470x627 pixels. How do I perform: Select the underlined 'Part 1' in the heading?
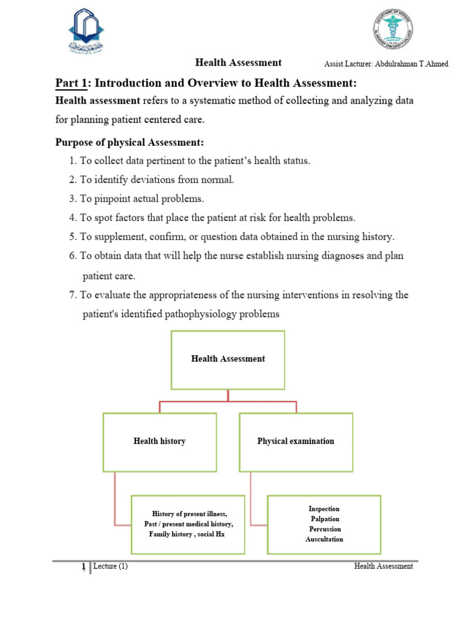pos(70,83)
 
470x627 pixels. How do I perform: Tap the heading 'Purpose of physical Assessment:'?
pos(129,142)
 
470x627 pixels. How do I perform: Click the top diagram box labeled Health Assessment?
pos(228,359)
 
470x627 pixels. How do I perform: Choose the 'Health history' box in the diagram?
pos(159,441)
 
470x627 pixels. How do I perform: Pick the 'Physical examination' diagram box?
pos(296,441)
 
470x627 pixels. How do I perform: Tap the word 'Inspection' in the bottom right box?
pos(324,509)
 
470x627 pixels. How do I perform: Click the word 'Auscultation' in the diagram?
pos(324,539)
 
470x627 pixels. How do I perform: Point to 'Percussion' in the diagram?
pos(325,529)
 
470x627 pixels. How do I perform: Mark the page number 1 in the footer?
pos(83,567)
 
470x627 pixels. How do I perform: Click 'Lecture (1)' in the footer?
pos(111,566)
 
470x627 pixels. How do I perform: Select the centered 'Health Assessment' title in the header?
pos(238,62)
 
